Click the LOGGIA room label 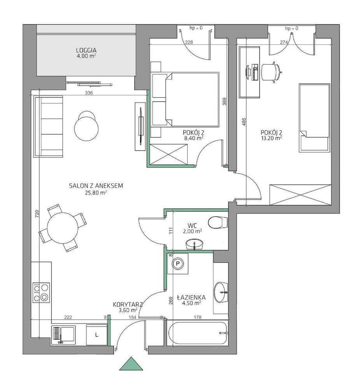pyautogui.click(x=86, y=50)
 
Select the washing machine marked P pyautogui.click(x=177, y=264)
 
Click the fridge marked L pyautogui.click(x=97, y=334)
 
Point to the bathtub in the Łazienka pyautogui.click(x=198, y=333)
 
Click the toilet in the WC pyautogui.click(x=218, y=222)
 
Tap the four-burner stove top pyautogui.click(x=41, y=293)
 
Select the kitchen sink pyautogui.click(x=63, y=334)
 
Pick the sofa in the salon pyautogui.click(x=48, y=127)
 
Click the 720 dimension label pyautogui.click(x=37, y=214)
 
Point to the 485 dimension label pyautogui.click(x=244, y=121)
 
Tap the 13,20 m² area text pyautogui.click(x=271, y=138)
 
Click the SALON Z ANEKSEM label pyautogui.click(x=96, y=186)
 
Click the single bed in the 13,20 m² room pyautogui.click(x=314, y=118)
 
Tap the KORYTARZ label pyautogui.click(x=127, y=305)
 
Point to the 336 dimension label pyautogui.click(x=89, y=93)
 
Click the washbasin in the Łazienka pyautogui.click(x=220, y=292)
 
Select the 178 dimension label pyautogui.click(x=198, y=317)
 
